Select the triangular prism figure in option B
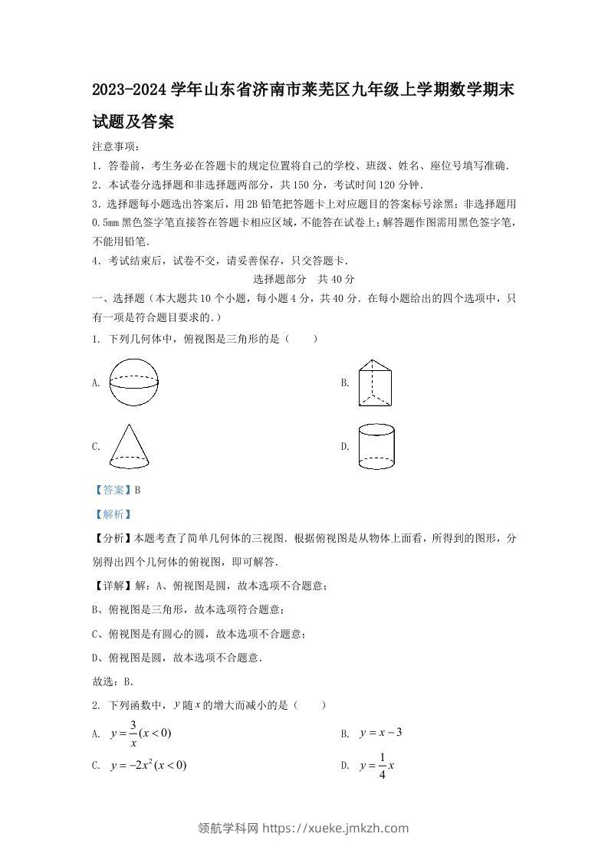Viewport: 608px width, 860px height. click(x=376, y=382)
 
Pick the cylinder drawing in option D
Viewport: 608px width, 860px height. click(x=376, y=447)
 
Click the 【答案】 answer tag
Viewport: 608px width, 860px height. click(x=111, y=490)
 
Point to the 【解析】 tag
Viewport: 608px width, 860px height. click(x=111, y=514)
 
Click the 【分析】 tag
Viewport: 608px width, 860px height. click(x=112, y=539)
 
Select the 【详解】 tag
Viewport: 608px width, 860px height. click(x=112, y=586)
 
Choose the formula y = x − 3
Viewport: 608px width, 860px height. click(x=381, y=733)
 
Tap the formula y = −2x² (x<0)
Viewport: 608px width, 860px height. click(x=149, y=765)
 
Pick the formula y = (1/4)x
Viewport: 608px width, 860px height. click(x=376, y=765)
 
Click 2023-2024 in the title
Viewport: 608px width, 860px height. click(x=127, y=90)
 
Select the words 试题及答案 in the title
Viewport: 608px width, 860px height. click(x=132, y=121)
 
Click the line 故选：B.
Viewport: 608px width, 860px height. click(x=113, y=681)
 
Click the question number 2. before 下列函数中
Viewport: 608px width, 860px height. click(x=96, y=705)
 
